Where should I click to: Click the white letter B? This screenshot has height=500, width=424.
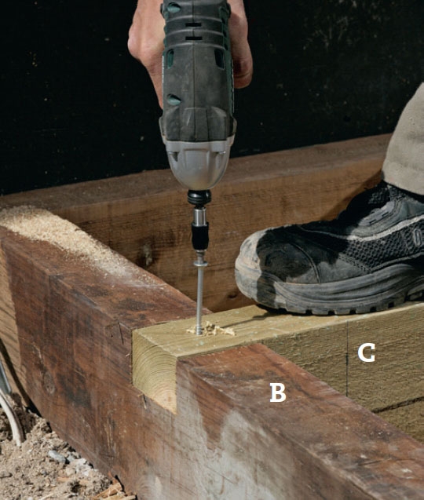click(x=278, y=392)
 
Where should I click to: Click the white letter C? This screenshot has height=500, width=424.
click(x=366, y=352)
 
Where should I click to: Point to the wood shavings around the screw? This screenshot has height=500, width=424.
click(x=211, y=329)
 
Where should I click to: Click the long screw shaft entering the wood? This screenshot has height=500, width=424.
click(x=200, y=299)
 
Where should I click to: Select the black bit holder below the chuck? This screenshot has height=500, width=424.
click(x=200, y=236)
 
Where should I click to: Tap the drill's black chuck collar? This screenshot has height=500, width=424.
click(x=199, y=198)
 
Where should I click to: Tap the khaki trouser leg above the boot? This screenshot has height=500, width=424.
click(x=405, y=144)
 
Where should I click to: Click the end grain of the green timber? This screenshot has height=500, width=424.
click(x=155, y=369)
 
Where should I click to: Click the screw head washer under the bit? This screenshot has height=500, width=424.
click(x=200, y=264)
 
